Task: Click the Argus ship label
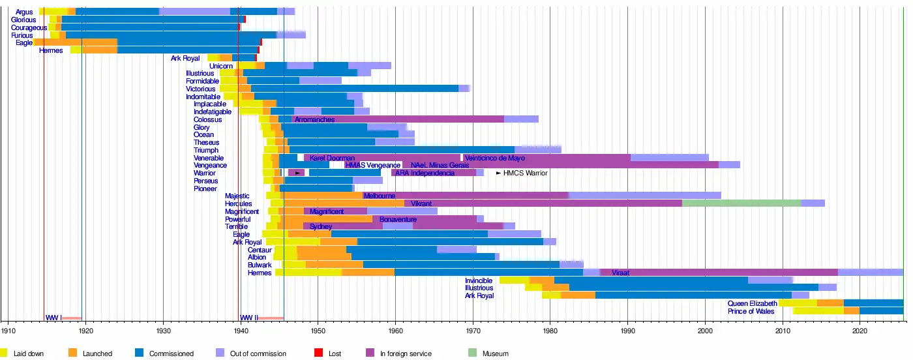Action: (24, 12)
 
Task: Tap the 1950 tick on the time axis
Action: (318, 331)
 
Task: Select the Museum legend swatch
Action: (473, 353)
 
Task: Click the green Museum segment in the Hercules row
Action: (741, 203)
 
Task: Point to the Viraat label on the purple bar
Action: (620, 273)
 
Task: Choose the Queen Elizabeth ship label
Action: (752, 304)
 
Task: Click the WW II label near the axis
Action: (249, 318)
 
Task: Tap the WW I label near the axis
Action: (53, 318)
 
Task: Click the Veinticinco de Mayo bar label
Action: (495, 158)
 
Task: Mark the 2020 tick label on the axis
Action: (860, 331)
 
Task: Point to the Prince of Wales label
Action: (752, 312)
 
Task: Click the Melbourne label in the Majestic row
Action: (379, 196)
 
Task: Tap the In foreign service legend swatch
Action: (370, 353)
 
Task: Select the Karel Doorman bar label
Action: (333, 158)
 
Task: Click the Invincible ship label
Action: (479, 281)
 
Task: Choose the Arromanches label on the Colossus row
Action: (314, 120)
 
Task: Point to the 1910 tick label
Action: (8, 331)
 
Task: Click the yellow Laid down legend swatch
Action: (5, 353)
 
